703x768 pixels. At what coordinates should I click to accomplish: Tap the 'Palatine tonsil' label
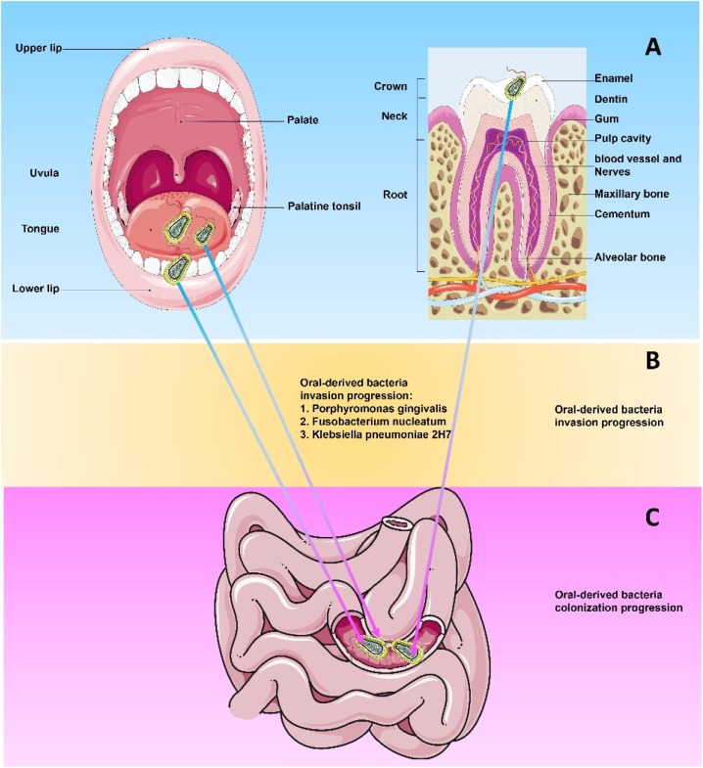point(324,206)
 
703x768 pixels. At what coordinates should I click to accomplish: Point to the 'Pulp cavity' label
point(622,138)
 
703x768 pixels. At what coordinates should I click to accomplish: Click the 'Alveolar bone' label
point(630,256)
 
